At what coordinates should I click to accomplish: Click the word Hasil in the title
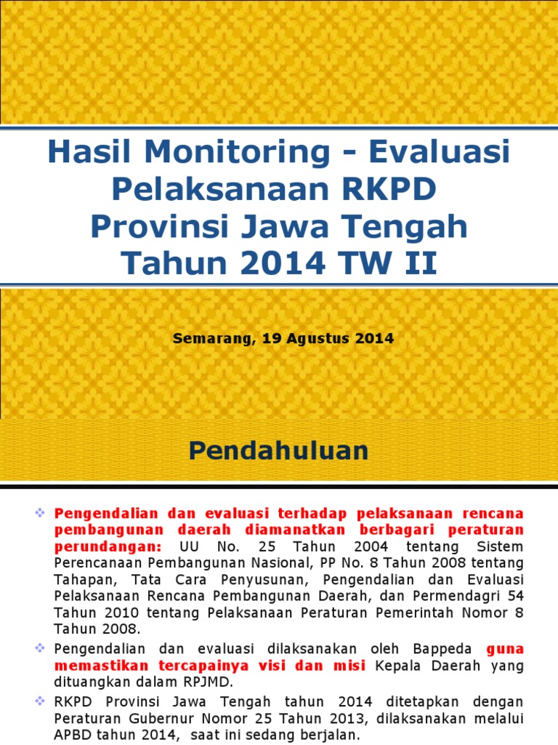coord(89,151)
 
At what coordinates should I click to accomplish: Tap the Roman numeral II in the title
coord(421,263)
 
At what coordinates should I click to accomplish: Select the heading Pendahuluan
coord(278,450)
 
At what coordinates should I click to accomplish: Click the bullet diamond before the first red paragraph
coord(40,512)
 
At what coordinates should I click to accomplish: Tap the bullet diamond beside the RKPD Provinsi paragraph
coord(40,701)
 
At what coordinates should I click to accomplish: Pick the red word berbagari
coord(390,530)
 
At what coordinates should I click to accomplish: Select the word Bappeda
coord(442,650)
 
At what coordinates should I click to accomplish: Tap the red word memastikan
coord(101,666)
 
